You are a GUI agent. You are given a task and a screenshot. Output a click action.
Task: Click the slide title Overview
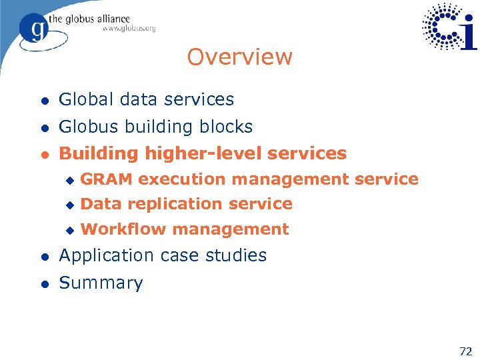[x=239, y=57]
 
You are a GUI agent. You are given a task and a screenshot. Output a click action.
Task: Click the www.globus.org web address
[x=129, y=29]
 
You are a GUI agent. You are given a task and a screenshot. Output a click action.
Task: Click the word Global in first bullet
[x=85, y=100]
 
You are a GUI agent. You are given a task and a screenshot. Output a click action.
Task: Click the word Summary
[x=101, y=283]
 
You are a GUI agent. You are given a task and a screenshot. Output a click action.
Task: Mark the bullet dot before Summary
[x=44, y=283]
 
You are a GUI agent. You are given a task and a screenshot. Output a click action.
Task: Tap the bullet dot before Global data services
[x=44, y=101]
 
